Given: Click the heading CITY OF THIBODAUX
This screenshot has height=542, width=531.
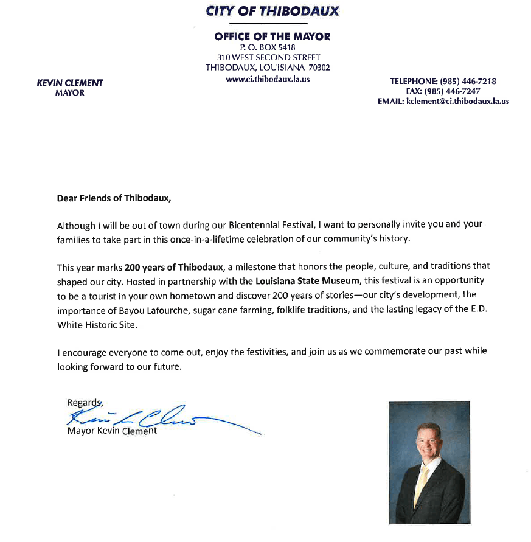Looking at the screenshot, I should point(272,11).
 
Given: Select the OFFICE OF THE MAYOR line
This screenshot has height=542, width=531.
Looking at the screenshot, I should point(272,37).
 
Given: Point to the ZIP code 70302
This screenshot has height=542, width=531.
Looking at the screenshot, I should point(319,68).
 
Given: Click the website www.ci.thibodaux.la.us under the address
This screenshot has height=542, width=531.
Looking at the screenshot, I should point(268,78).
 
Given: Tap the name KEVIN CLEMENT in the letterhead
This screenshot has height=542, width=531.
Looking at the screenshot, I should point(70,83).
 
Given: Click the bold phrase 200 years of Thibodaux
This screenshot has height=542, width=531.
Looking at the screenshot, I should point(174,266).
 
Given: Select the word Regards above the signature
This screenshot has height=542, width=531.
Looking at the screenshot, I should point(84,402).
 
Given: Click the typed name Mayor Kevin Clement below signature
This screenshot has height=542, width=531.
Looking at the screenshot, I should point(112,431).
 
